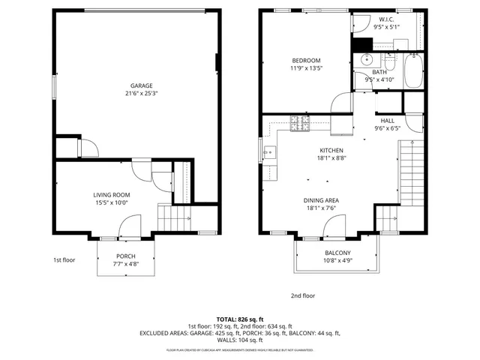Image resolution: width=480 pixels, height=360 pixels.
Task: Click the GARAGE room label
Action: coord(141,85)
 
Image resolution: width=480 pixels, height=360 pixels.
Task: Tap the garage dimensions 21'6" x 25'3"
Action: coord(141,94)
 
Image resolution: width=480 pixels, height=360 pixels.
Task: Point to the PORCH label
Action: coord(125,256)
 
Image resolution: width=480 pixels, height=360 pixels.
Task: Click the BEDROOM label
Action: coord(306,61)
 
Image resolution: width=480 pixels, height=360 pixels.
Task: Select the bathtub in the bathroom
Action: coord(412,70)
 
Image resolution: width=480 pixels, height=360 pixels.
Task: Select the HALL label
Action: coord(387,120)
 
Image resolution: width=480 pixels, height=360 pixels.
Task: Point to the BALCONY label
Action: coord(337,253)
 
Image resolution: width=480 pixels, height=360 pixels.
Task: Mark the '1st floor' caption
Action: coord(64,260)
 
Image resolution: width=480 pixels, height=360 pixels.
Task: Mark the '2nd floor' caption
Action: coord(303,295)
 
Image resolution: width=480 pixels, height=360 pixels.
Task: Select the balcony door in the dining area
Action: coord(335,225)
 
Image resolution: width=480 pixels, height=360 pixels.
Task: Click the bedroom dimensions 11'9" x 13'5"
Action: coord(306,69)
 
